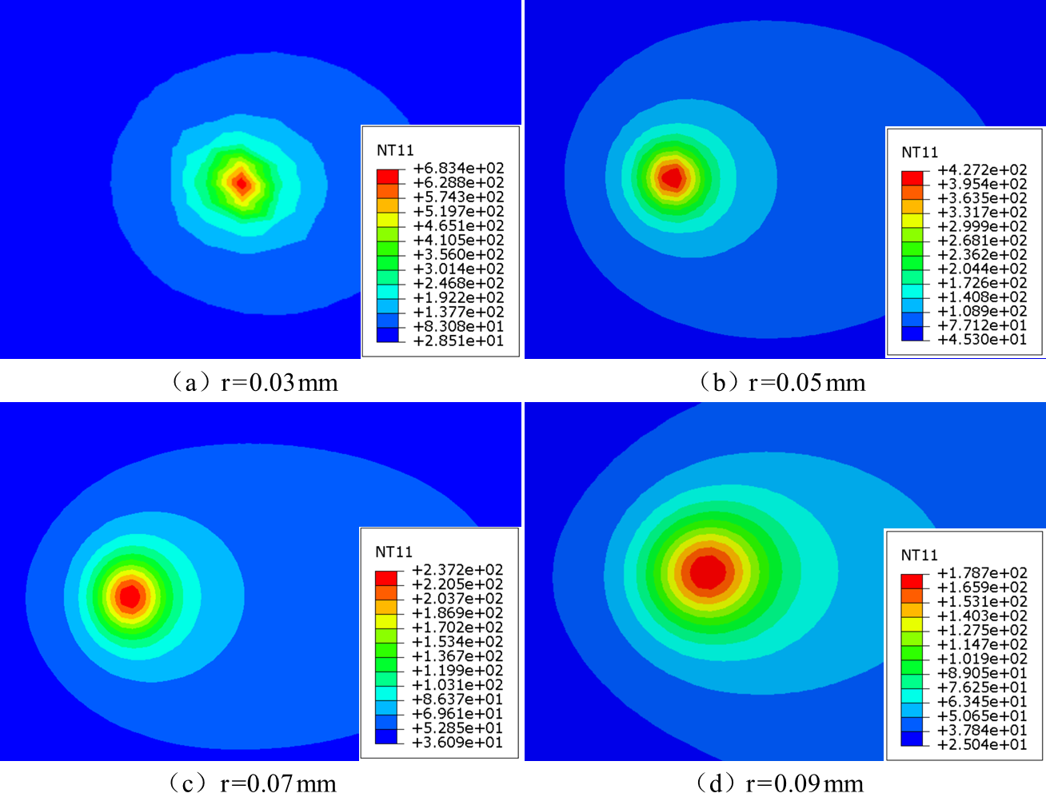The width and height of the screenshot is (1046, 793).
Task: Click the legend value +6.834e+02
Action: click(458, 169)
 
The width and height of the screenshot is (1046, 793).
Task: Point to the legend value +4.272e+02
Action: click(982, 169)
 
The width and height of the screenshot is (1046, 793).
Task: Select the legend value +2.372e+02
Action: click(457, 570)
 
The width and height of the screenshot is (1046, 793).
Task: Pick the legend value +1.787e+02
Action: click(982, 573)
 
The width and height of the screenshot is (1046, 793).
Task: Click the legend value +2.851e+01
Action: click(458, 341)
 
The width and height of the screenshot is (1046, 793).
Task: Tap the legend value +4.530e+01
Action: click(982, 340)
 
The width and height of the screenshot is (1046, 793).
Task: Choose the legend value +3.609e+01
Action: click(457, 743)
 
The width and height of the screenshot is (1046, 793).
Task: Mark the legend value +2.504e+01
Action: click(982, 745)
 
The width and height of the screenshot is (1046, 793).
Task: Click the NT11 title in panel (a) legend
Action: click(395, 150)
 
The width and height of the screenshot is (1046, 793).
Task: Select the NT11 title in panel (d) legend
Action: click(920, 555)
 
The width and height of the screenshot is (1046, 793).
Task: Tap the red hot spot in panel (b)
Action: click(672, 177)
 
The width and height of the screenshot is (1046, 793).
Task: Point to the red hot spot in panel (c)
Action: click(130, 596)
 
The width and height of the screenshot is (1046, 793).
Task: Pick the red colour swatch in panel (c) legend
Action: click(386, 577)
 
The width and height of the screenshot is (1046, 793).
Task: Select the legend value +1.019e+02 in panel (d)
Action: click(982, 659)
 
